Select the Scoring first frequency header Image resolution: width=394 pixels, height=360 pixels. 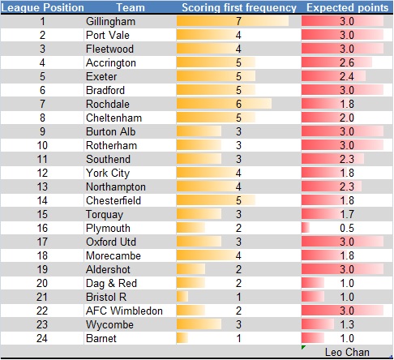(238, 6)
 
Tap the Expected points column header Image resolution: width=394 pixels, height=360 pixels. (345, 6)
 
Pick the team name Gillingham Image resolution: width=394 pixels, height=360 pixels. (110, 21)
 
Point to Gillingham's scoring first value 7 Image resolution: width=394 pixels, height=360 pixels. (238, 21)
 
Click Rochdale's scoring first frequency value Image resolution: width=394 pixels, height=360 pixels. (238, 105)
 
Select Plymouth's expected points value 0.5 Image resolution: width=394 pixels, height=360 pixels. (345, 228)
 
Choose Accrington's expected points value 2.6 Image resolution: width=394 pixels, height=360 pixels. (345, 63)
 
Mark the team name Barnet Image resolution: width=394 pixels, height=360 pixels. (101, 338)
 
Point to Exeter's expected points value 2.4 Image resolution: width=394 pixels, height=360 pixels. (345, 77)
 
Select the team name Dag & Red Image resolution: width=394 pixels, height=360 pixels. (110, 283)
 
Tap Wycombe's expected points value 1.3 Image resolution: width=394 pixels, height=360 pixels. (345, 324)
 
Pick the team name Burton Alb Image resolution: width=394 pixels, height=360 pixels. (110, 131)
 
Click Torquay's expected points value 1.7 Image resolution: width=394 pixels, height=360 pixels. (345, 214)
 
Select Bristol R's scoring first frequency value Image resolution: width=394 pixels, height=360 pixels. (238, 297)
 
